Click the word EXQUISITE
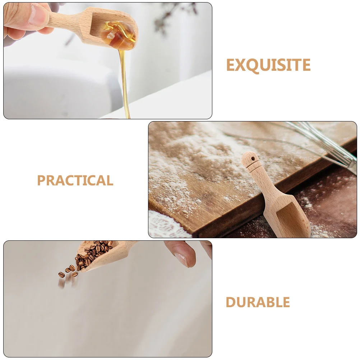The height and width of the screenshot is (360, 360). [x=268, y=65]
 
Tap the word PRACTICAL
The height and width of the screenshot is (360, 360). [x=75, y=180]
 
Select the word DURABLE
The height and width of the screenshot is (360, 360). [x=258, y=303]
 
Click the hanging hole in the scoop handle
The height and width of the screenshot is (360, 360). [x=253, y=158]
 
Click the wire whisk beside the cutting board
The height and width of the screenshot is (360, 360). [x=323, y=144]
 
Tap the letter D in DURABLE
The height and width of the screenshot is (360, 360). [x=231, y=303]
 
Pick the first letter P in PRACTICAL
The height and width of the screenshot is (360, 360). [x=42, y=180]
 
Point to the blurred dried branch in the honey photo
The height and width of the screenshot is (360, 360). [x=169, y=18]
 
